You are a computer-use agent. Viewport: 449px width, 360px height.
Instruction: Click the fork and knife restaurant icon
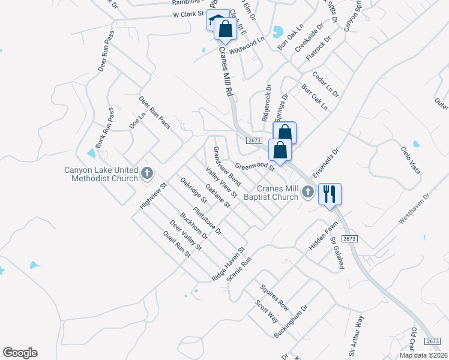click(x=330, y=194)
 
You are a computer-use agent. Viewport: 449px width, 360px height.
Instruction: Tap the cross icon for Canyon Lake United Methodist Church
click(x=146, y=174)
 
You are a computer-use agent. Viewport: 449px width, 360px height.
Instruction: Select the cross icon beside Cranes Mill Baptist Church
click(x=308, y=192)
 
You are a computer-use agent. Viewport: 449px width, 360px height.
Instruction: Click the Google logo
click(x=20, y=353)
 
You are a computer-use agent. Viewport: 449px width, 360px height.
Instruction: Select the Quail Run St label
click(x=172, y=244)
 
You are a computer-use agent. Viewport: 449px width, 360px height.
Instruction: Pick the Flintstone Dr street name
click(x=208, y=220)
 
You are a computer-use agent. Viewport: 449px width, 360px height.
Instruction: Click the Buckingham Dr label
click(x=291, y=322)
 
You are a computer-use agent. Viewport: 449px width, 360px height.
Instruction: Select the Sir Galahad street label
click(x=336, y=253)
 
